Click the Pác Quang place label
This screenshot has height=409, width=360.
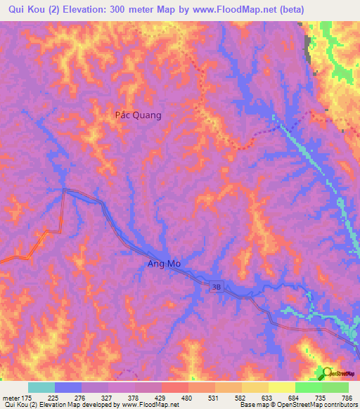pos(138,115)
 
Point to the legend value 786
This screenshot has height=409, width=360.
pos(347,397)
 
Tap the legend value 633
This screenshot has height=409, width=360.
pos(268,397)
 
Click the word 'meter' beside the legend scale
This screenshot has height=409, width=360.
pos(11,397)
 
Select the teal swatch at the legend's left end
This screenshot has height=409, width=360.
pos(41,387)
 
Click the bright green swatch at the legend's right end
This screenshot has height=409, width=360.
pos(335,387)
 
